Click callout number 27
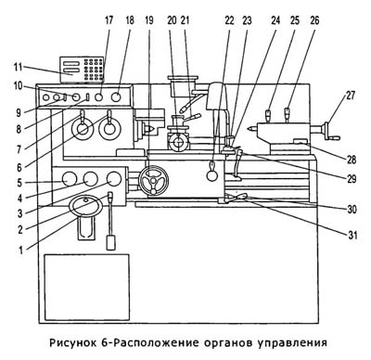tap(351, 96)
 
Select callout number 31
tap(352, 236)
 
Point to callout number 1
tap(20, 250)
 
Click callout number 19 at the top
tap(149, 20)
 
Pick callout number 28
tap(352, 160)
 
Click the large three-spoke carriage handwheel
tap(154, 181)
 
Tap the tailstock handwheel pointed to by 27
tap(328, 132)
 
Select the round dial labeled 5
tap(69, 179)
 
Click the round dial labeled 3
tap(114, 179)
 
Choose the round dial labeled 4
tap(91, 179)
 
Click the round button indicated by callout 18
tap(116, 97)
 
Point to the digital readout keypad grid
tap(93, 70)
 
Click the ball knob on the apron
tap(212, 175)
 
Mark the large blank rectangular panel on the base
tap(86, 288)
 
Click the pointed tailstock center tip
tap(249, 129)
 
